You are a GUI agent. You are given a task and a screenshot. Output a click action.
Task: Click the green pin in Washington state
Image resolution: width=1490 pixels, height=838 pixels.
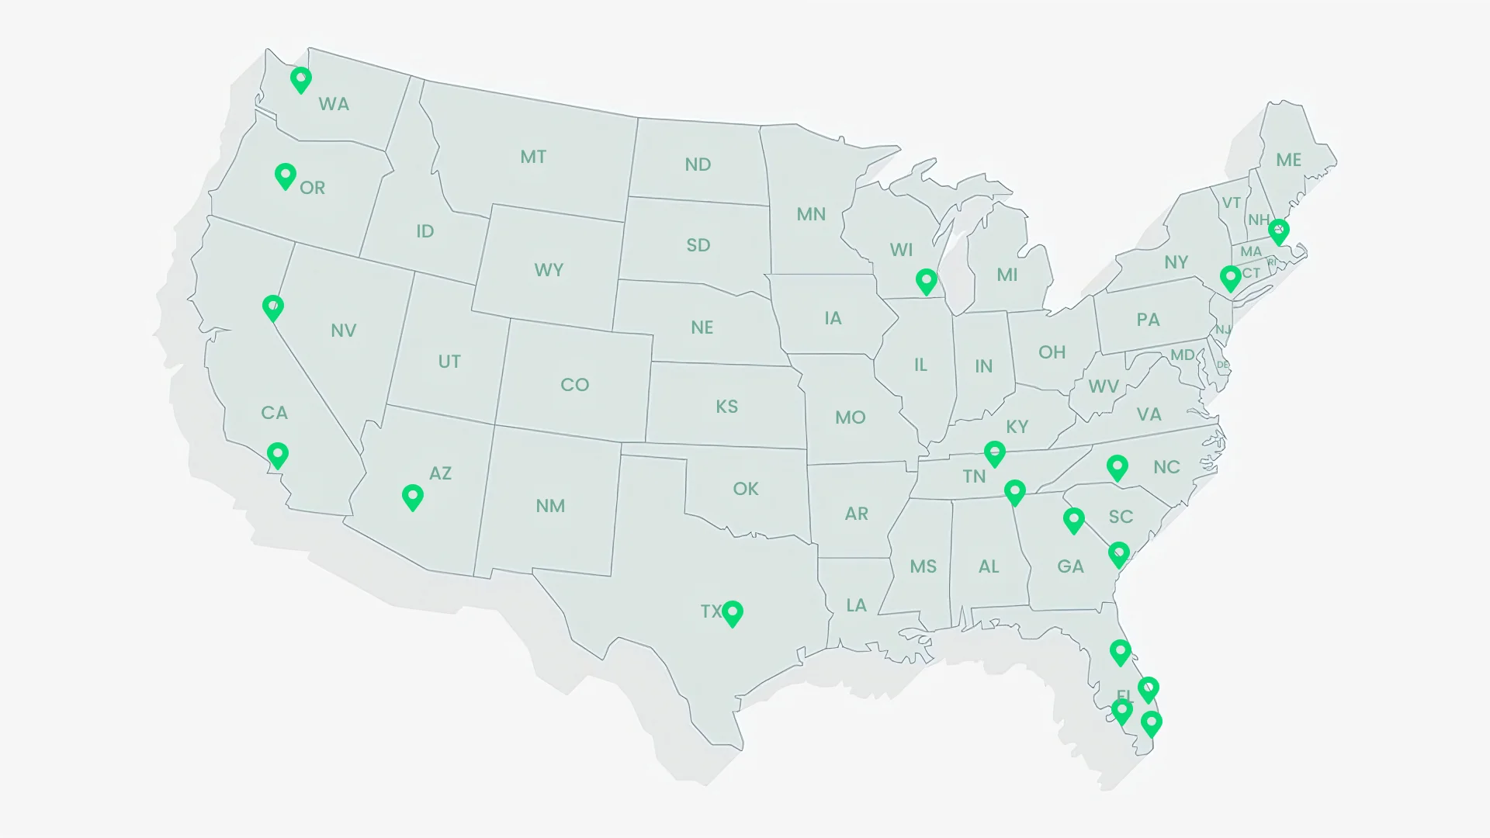coord(301,79)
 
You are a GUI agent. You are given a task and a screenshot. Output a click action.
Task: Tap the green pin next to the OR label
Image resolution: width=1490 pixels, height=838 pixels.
coord(286,175)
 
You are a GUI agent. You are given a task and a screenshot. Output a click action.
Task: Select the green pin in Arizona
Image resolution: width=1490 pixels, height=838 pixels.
coord(413,497)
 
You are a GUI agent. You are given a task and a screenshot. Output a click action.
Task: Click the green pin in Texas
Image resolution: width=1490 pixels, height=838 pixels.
coord(733,613)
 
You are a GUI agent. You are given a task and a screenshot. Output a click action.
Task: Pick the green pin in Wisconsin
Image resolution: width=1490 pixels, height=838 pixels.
coord(926,281)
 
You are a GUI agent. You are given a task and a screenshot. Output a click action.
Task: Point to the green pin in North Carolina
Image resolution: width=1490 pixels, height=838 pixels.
coord(1117,467)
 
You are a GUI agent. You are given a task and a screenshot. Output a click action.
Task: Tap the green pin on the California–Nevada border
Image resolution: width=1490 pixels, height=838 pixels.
coord(272,307)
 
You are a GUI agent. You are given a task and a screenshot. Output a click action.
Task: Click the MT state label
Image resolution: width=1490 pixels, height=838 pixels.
coord(533,157)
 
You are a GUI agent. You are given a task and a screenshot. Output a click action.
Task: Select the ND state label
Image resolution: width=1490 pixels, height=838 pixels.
coord(698,164)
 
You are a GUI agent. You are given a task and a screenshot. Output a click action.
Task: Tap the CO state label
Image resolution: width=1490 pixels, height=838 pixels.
coord(575,385)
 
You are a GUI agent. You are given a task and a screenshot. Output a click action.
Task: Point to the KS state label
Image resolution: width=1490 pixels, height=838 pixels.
coord(727,407)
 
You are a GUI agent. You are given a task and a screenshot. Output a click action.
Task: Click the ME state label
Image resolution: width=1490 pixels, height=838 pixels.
coord(1289,160)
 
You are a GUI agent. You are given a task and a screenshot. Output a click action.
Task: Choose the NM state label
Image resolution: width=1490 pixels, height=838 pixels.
coord(550,506)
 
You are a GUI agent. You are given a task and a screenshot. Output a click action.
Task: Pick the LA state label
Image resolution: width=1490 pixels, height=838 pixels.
coord(856,605)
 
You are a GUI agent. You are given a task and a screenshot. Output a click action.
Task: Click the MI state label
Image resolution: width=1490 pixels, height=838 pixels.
coord(1007,275)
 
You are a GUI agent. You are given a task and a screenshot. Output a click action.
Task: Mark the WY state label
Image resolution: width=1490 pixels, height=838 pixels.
coord(549,270)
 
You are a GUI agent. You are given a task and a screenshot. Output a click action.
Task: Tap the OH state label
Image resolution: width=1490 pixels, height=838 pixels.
coord(1052,352)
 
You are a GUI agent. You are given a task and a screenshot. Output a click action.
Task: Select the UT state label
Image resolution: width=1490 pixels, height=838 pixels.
coord(449,362)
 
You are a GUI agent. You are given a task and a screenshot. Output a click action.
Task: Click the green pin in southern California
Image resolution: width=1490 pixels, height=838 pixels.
coord(278,454)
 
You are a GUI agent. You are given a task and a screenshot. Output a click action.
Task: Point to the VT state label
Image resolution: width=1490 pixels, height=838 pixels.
coord(1232,203)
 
